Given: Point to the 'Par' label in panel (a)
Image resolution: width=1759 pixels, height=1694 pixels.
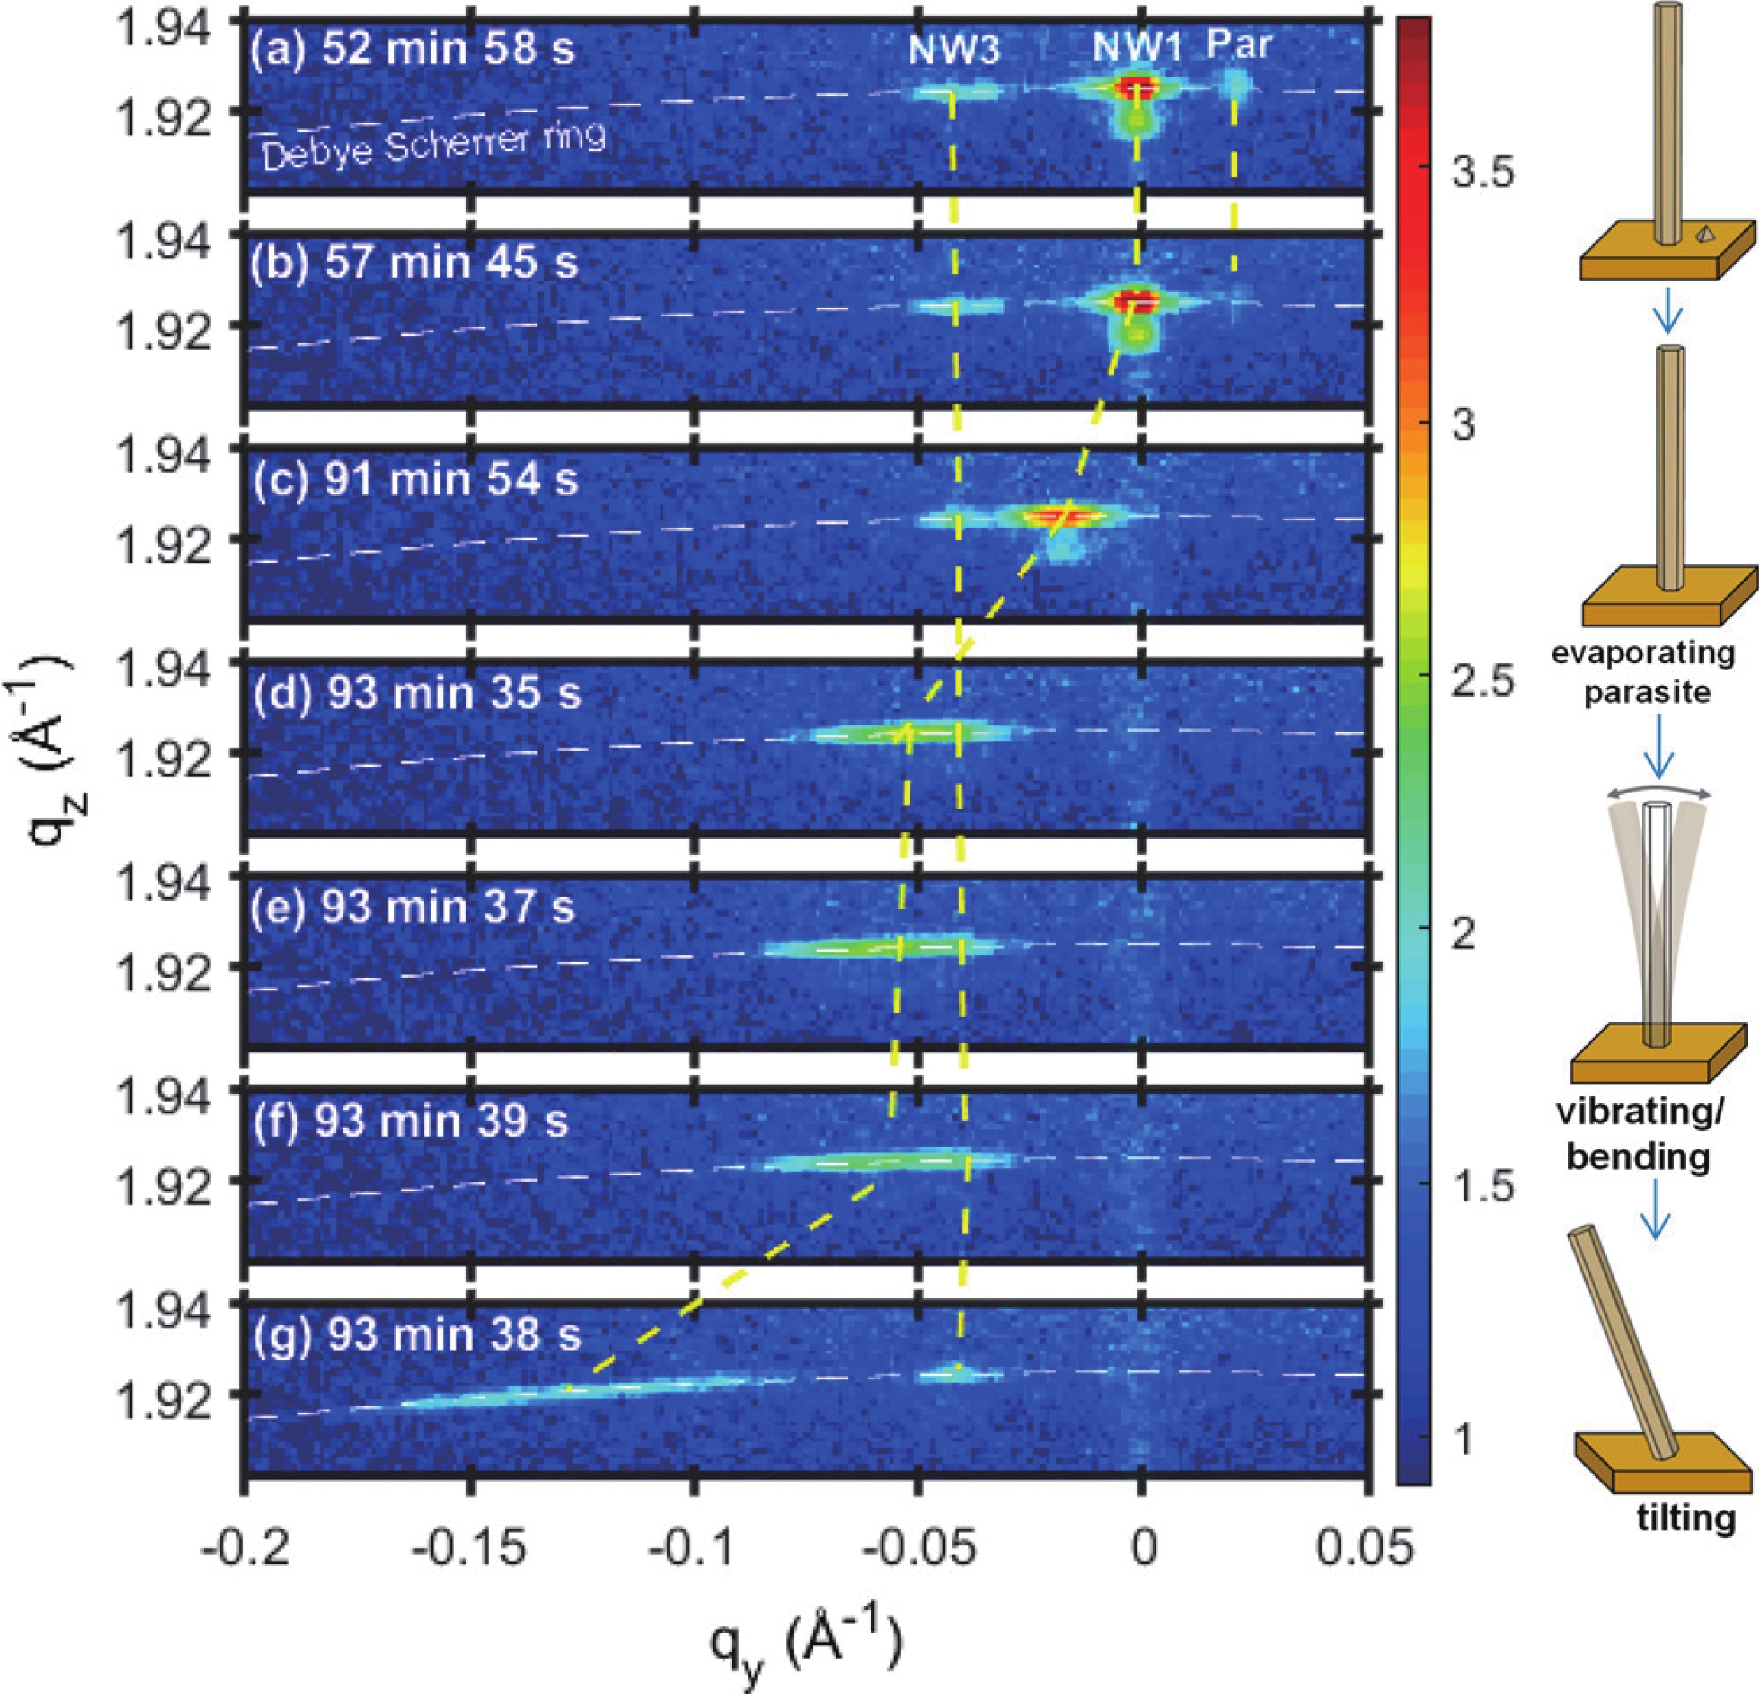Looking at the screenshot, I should (x=1239, y=44).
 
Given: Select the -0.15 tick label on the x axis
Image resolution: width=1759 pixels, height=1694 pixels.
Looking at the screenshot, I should (x=469, y=1550).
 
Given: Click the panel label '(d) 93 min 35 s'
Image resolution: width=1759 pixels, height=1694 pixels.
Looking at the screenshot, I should (x=417, y=693).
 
